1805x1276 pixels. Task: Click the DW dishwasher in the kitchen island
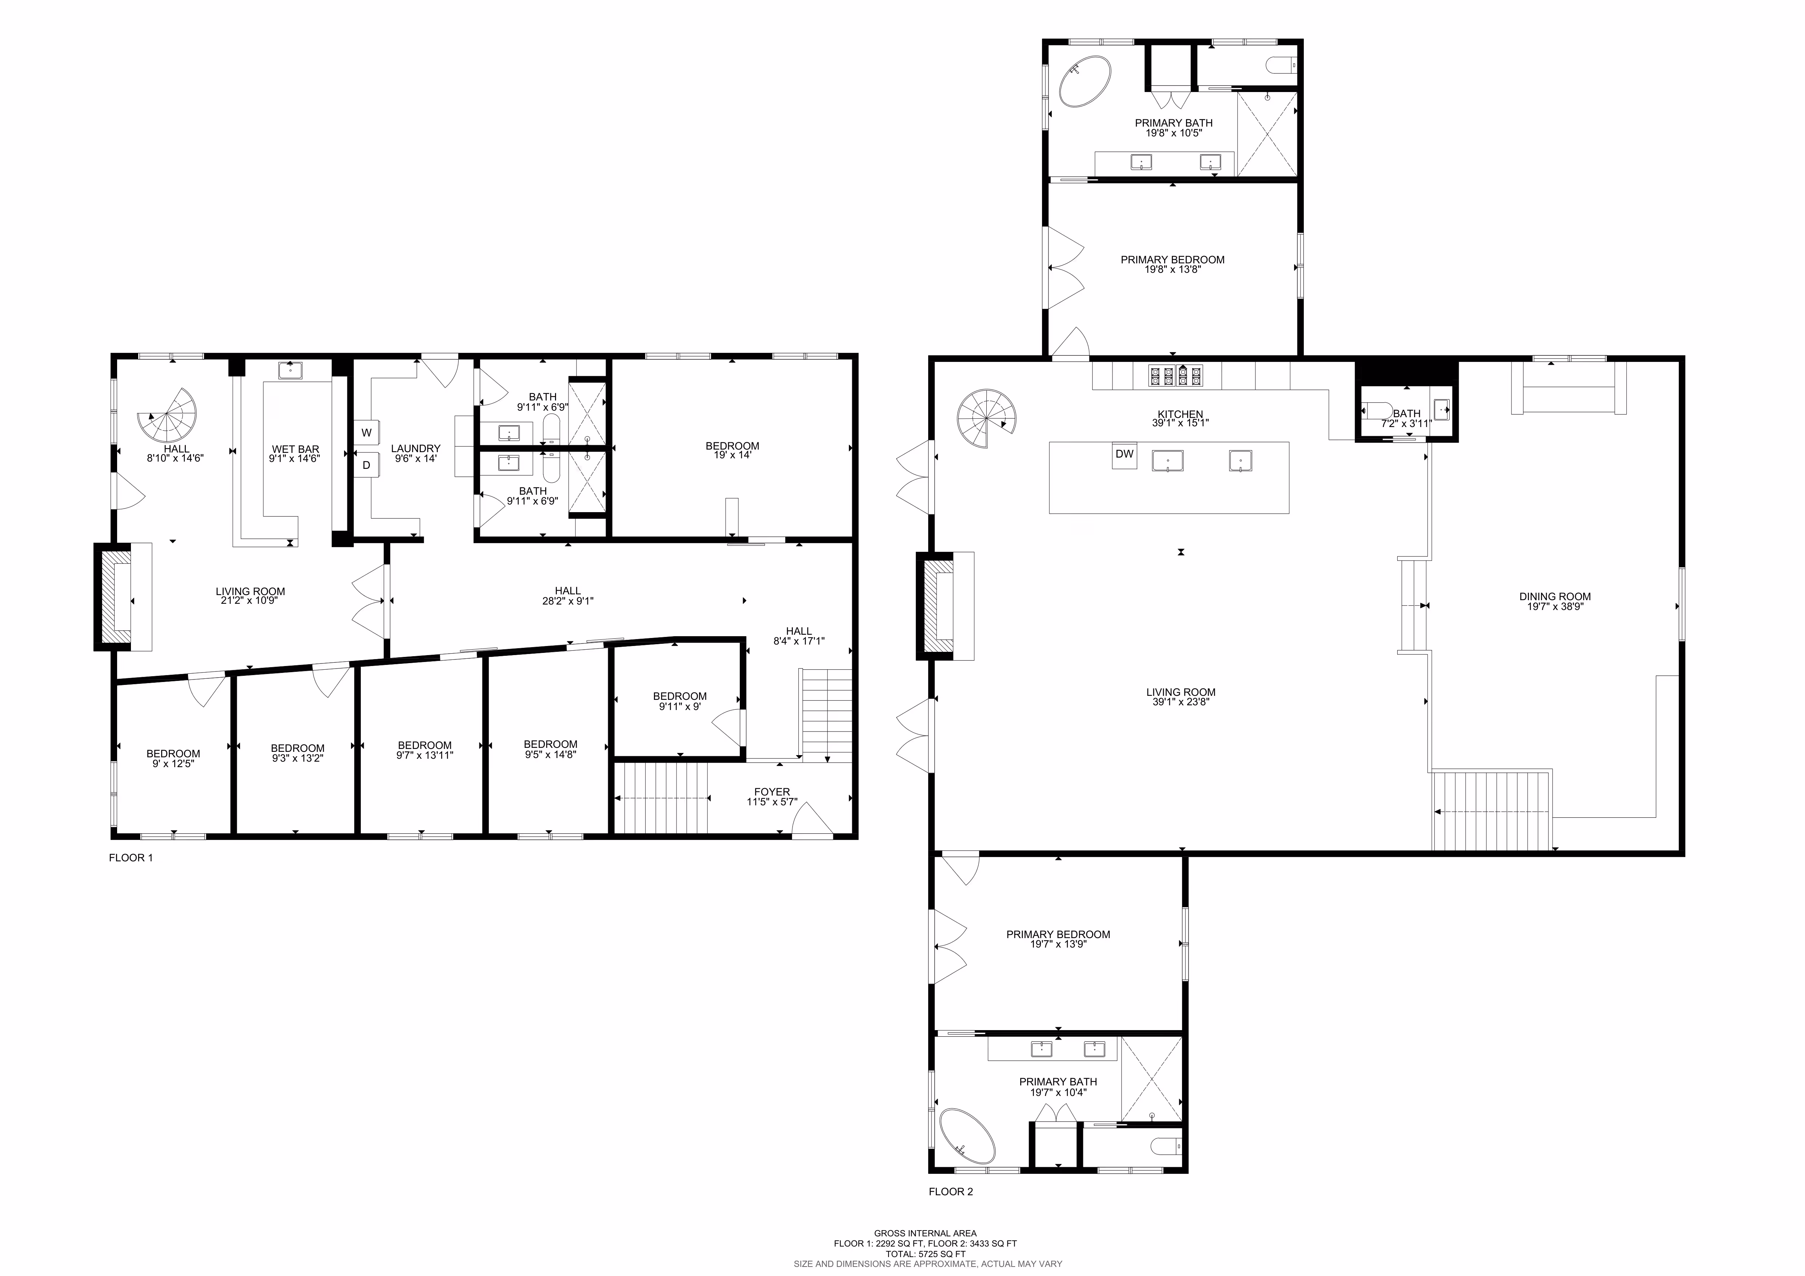(x=1124, y=456)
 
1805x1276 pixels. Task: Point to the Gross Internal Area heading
(x=925, y=1233)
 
